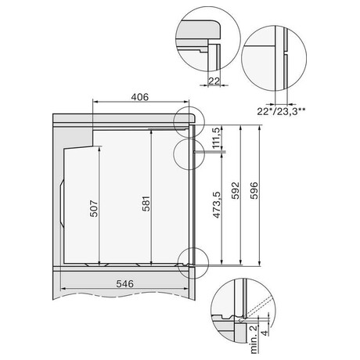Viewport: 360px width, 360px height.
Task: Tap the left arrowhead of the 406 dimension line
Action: [95, 102]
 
